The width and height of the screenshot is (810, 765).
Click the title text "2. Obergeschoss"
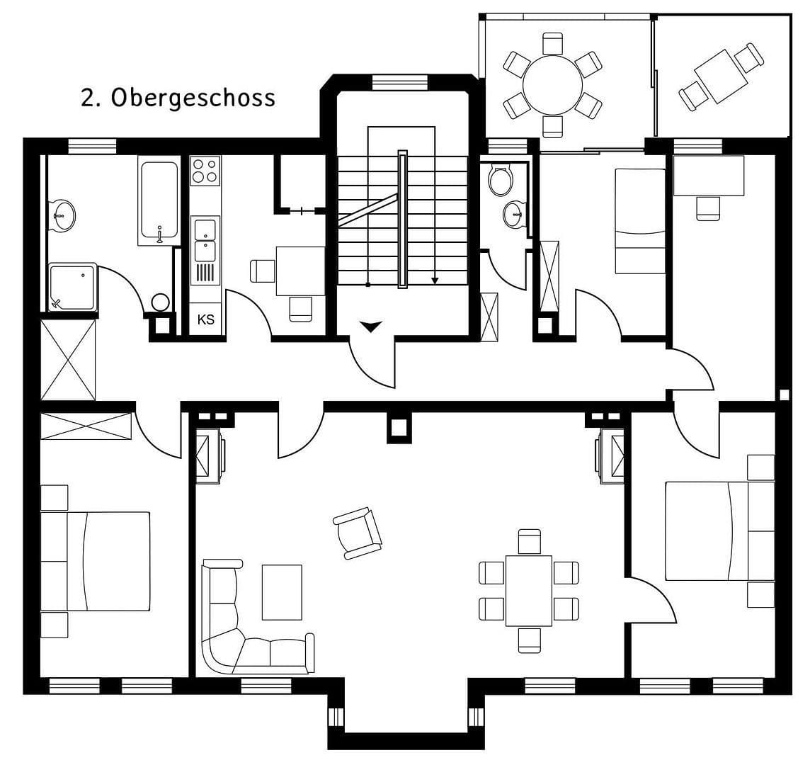178,98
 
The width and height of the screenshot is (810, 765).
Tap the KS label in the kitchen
205,319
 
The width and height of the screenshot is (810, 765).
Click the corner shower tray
72,287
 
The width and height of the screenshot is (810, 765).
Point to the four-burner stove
205,171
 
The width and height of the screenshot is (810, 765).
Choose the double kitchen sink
205,241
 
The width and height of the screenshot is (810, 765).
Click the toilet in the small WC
501,181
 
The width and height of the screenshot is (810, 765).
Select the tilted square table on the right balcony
721,76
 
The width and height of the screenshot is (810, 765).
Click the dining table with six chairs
529,591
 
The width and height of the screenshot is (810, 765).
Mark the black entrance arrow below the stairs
371,326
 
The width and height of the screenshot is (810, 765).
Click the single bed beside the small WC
640,220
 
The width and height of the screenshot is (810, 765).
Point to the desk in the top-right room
709,176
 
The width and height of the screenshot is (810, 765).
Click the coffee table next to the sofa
282,592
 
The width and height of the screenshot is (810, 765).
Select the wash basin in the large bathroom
63,215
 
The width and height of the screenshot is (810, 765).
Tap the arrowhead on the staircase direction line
435,280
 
